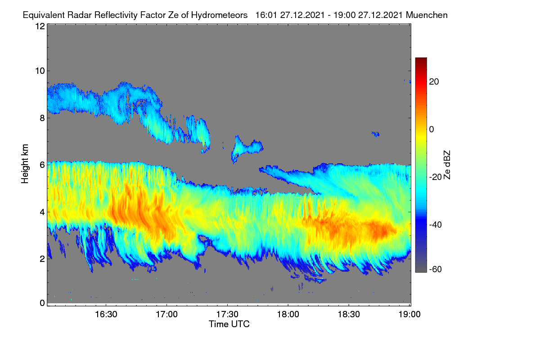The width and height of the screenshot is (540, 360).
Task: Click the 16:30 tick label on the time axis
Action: (x=106, y=315)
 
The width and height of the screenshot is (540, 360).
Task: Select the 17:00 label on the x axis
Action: (x=166, y=315)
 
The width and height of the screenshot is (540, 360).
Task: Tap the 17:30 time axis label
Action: (x=227, y=315)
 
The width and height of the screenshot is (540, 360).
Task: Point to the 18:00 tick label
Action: (x=288, y=315)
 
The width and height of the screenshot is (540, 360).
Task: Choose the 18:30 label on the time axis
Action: (x=349, y=315)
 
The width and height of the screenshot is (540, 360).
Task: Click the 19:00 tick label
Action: (x=409, y=315)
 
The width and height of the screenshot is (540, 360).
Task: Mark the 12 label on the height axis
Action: (x=40, y=26)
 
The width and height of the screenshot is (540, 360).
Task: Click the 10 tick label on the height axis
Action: (x=40, y=71)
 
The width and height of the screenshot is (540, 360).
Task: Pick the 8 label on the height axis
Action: (x=42, y=118)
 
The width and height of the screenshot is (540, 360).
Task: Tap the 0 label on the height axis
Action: (x=42, y=303)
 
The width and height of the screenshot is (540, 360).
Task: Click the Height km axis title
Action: (x=25, y=164)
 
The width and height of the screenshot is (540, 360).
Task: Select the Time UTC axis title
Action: (x=229, y=324)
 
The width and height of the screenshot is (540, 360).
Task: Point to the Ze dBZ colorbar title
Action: (x=447, y=165)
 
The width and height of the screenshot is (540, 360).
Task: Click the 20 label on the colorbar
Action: (x=434, y=82)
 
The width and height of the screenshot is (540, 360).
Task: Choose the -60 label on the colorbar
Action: (x=436, y=270)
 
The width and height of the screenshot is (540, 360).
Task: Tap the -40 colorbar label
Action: (x=436, y=225)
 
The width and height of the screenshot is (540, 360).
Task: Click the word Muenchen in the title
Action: (x=427, y=15)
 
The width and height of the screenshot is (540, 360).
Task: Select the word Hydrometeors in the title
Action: (x=220, y=15)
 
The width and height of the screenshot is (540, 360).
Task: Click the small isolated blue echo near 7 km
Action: (x=376, y=134)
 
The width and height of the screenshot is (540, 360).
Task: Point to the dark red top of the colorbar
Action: (x=421, y=61)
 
